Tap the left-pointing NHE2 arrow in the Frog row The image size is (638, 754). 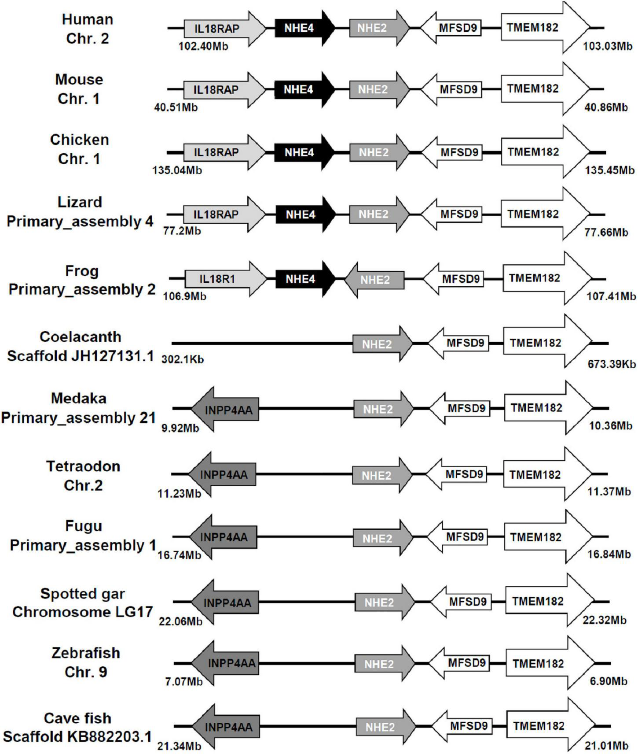tap(374, 280)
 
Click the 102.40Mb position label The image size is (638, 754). tap(203, 46)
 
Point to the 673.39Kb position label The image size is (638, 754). tap(611, 364)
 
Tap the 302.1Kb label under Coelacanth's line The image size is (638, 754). tap(182, 360)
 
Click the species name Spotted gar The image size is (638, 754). tap(83, 593)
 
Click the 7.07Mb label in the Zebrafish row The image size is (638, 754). tap(183, 682)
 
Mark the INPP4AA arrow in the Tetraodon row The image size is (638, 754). tap(223, 475)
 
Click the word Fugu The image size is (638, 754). tap(84, 526)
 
